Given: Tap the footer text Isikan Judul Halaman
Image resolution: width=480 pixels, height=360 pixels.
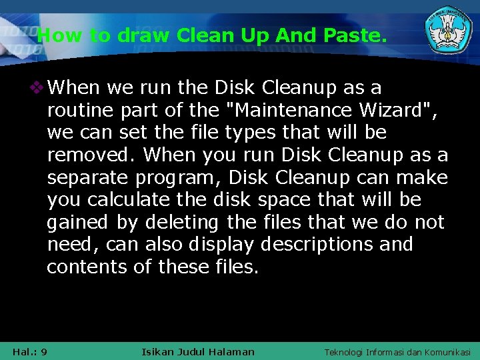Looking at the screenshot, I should [198, 351].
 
